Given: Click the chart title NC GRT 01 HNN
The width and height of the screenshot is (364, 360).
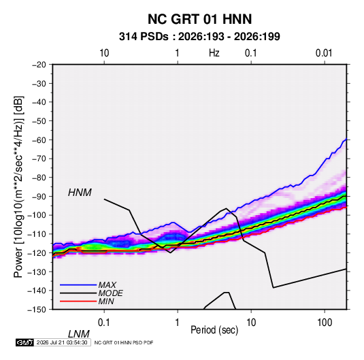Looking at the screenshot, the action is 199,19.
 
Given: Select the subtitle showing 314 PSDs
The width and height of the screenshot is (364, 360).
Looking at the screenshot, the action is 199,37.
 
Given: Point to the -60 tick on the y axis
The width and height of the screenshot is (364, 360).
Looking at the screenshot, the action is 39,140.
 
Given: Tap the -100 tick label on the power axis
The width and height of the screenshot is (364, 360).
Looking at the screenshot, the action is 37,215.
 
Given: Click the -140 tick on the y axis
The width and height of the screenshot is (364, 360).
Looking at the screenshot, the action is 37,291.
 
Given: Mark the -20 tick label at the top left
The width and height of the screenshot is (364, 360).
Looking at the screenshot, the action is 39,65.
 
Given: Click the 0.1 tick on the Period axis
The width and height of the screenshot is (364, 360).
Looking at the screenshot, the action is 104,323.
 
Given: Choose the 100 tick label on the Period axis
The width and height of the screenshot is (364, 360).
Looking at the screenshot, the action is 325,323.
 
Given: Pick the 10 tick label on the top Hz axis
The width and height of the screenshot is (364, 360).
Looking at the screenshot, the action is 104,53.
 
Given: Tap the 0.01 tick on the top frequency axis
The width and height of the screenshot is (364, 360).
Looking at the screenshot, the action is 324,53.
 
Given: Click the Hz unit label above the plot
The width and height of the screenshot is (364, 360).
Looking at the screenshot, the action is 214,53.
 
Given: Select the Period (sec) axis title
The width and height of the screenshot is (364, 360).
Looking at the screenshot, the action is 214,330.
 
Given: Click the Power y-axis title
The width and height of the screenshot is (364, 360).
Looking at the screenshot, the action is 18,187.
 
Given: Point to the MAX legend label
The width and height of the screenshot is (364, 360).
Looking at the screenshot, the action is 107,285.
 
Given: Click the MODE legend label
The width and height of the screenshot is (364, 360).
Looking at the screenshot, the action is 110,293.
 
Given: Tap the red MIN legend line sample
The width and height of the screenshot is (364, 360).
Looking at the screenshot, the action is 78,301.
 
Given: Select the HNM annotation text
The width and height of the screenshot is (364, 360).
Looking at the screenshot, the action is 80,193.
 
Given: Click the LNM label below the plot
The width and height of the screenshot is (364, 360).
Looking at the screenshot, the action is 79,334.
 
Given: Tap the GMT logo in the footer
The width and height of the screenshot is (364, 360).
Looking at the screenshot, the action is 24,342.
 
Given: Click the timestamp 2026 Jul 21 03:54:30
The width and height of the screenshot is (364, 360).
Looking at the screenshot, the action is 62,342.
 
